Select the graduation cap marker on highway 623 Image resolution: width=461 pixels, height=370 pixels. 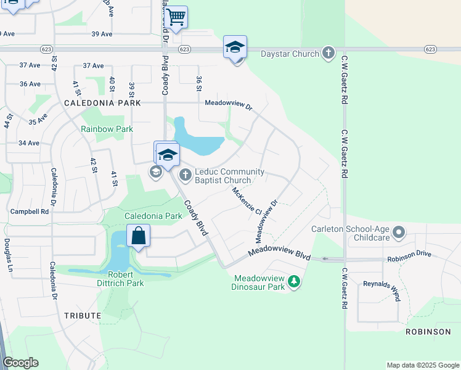(x=235, y=47)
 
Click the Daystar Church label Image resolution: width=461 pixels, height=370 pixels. (x=289, y=54)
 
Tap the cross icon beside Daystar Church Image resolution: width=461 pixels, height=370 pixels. (x=328, y=53)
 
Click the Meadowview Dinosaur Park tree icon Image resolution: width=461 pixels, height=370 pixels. (x=294, y=282)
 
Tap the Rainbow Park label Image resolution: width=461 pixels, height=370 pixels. (x=107, y=129)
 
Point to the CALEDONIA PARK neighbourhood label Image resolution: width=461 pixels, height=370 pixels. (x=102, y=104)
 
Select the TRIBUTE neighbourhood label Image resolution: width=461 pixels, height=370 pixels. (x=82, y=315)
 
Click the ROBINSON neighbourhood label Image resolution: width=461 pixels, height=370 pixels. (x=428, y=332)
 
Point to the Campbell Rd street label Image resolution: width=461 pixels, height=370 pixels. (x=30, y=212)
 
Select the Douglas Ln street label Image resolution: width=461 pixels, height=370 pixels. (x=8, y=255)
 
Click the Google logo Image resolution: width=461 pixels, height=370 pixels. (x=20, y=363)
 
